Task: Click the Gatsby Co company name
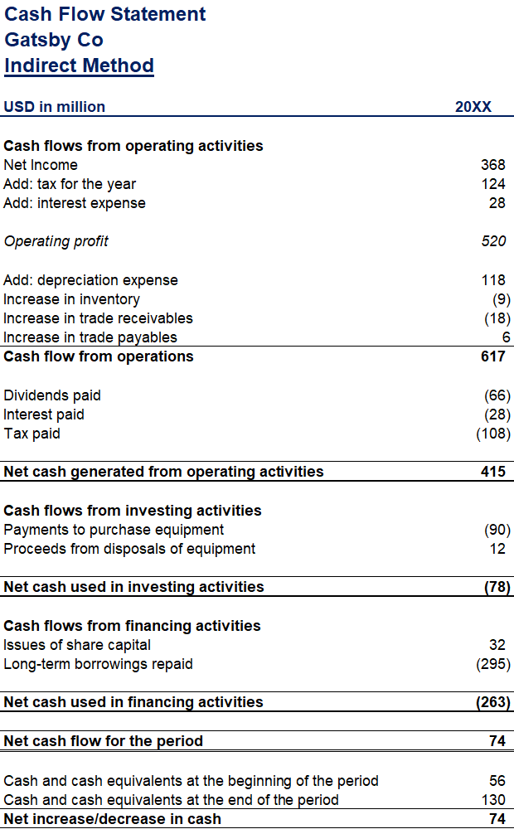(x=54, y=40)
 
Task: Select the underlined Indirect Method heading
(x=79, y=65)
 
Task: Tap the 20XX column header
(x=473, y=107)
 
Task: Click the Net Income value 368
(x=492, y=165)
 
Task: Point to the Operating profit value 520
(x=492, y=241)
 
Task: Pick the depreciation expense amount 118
(x=492, y=280)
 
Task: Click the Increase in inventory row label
(x=71, y=299)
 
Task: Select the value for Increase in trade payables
(x=506, y=337)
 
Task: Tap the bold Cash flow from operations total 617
(x=492, y=356)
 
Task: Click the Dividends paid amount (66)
(x=497, y=395)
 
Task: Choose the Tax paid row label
(x=32, y=434)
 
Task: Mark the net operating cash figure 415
(x=492, y=472)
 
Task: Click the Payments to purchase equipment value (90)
(x=497, y=530)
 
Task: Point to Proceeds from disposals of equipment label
(x=129, y=549)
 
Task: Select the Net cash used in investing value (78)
(x=497, y=587)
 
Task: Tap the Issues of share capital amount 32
(x=497, y=645)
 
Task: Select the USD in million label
(x=54, y=107)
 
